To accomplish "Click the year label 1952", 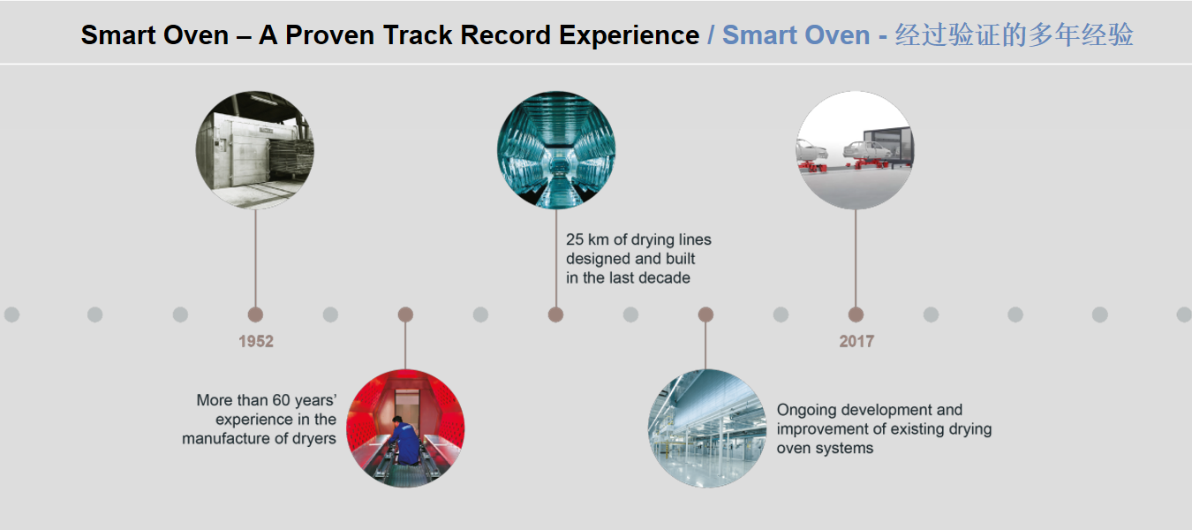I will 255,342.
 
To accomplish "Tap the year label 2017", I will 856,342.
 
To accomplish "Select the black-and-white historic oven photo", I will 255,150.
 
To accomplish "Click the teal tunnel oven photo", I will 556,150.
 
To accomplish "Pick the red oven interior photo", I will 405,428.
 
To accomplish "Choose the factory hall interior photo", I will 706,428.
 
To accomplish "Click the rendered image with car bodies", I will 855,150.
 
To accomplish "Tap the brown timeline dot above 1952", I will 255,314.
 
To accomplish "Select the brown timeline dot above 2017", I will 856,314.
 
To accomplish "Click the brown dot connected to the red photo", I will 405,314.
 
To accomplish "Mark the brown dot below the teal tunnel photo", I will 555,314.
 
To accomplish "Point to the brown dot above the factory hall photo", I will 705,314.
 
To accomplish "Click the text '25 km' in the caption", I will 585,240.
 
